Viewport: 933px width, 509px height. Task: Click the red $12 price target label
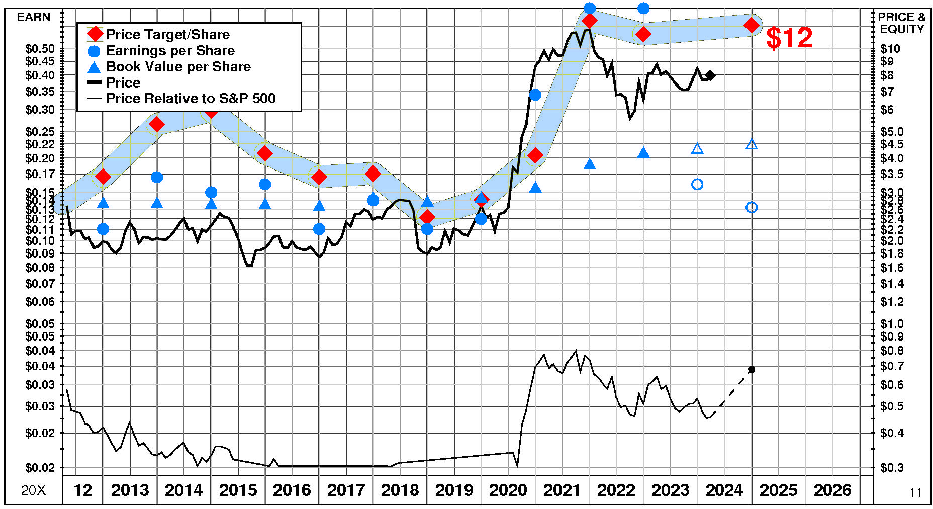tap(789, 38)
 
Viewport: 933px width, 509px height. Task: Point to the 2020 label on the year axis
tap(508, 490)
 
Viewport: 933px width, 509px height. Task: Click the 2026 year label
tap(832, 490)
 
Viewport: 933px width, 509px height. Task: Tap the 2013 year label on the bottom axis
tap(130, 490)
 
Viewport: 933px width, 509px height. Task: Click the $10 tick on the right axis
tap(890, 49)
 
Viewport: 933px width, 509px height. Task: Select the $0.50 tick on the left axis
tap(40, 49)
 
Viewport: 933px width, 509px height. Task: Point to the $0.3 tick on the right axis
tap(892, 468)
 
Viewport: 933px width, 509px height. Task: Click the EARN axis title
tap(34, 17)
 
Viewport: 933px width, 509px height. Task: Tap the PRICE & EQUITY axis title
tap(902, 23)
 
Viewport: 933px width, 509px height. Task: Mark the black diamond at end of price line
tap(710, 75)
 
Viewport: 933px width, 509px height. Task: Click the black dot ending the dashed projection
tap(752, 369)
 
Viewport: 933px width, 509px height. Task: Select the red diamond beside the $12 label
tap(752, 25)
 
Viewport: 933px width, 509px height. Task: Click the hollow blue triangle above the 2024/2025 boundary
tap(752, 145)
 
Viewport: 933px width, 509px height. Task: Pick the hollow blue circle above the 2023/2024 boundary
tap(697, 185)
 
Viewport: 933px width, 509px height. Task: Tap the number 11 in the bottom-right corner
tap(915, 493)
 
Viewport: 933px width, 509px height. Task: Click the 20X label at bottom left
tap(34, 490)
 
